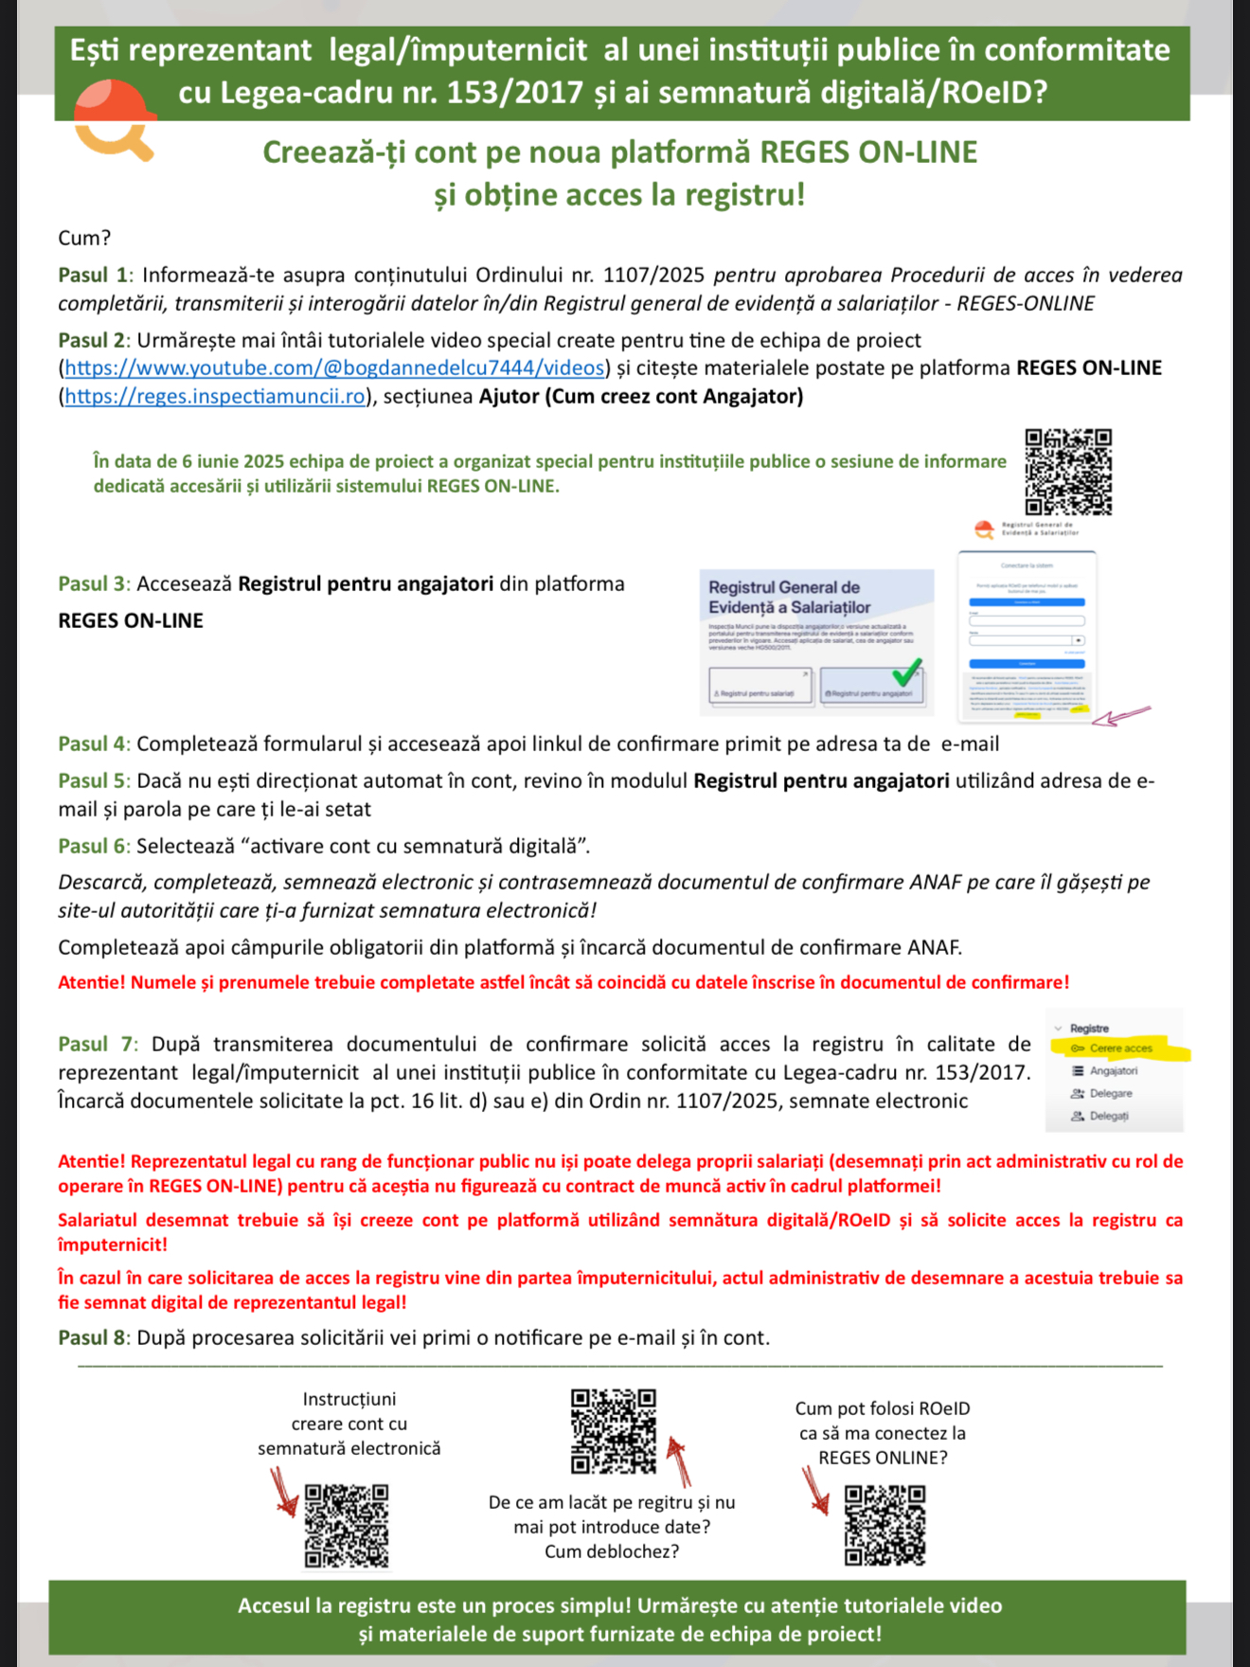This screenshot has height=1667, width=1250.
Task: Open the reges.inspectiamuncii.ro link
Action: [215, 397]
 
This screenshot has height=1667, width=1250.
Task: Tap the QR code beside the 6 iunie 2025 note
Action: [1068, 471]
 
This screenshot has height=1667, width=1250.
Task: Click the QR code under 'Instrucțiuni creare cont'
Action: [347, 1526]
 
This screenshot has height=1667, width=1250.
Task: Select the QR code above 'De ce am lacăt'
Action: [613, 1430]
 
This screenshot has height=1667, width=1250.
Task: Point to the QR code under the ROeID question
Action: [884, 1525]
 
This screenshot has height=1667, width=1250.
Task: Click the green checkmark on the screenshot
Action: [906, 672]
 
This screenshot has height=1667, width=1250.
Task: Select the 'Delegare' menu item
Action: [1110, 1094]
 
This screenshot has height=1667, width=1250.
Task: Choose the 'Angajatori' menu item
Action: [1113, 1071]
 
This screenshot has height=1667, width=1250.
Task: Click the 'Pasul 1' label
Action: [94, 276]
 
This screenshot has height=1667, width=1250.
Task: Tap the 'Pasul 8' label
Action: [94, 1338]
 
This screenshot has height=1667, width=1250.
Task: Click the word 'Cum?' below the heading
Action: [84, 238]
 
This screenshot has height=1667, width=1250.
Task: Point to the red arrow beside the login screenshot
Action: [1120, 715]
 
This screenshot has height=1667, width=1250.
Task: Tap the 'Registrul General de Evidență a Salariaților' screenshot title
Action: [789, 598]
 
